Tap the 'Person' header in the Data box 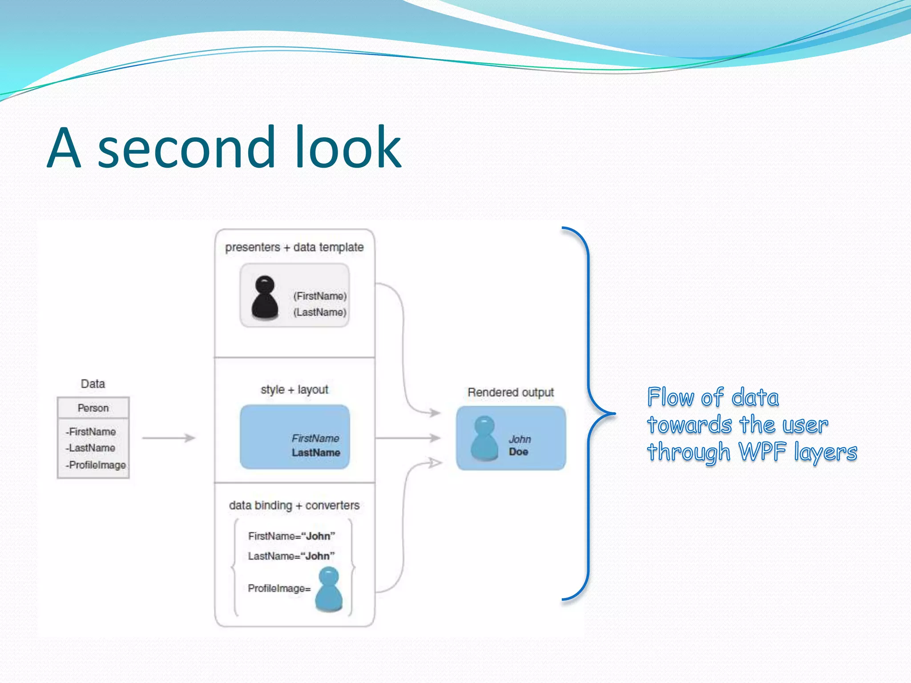point(93,408)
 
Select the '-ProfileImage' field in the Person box point(96,465)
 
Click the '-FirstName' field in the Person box point(91,432)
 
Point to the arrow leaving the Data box point(169,438)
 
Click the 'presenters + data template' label point(294,247)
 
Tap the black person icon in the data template point(265,297)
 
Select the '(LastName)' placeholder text point(319,312)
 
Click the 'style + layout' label point(294,390)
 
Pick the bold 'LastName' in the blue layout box point(316,453)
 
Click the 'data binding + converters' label point(294,506)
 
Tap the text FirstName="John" point(291,536)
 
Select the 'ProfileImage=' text point(279,589)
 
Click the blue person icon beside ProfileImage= point(329,589)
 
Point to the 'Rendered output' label point(511,393)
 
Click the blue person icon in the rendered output point(484,438)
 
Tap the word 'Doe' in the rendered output point(519,452)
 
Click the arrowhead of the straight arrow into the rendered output point(435,438)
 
